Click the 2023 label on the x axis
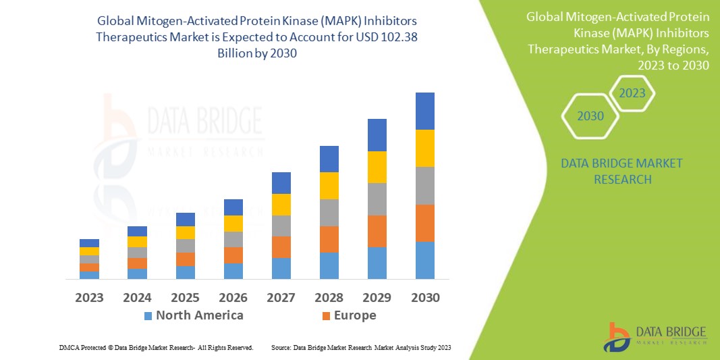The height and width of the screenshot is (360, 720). coord(89,297)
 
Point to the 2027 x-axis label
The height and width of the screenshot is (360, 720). coord(281,297)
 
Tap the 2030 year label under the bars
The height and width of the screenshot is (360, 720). coord(424,297)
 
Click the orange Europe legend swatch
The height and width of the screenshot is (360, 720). coord(327,315)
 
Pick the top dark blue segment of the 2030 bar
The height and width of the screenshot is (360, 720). coord(424,111)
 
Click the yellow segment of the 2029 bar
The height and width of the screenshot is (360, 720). coord(377,167)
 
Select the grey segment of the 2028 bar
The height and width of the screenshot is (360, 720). coord(329,212)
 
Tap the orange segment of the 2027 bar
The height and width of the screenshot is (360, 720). coord(281,247)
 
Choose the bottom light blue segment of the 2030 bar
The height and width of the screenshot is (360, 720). coord(424,260)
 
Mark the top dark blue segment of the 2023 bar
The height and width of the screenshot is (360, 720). coord(89,242)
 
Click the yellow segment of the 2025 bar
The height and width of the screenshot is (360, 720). coord(185,232)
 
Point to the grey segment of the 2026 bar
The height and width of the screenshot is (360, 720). coord(233,239)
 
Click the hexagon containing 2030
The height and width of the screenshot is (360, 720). coord(590,116)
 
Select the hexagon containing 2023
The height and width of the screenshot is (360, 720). coord(632,93)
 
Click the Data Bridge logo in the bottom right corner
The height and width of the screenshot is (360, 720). coord(655,336)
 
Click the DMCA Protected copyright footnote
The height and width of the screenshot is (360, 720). coord(156,347)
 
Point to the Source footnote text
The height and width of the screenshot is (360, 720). coord(360,347)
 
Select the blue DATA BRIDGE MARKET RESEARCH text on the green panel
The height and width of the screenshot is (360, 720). coord(621,172)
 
